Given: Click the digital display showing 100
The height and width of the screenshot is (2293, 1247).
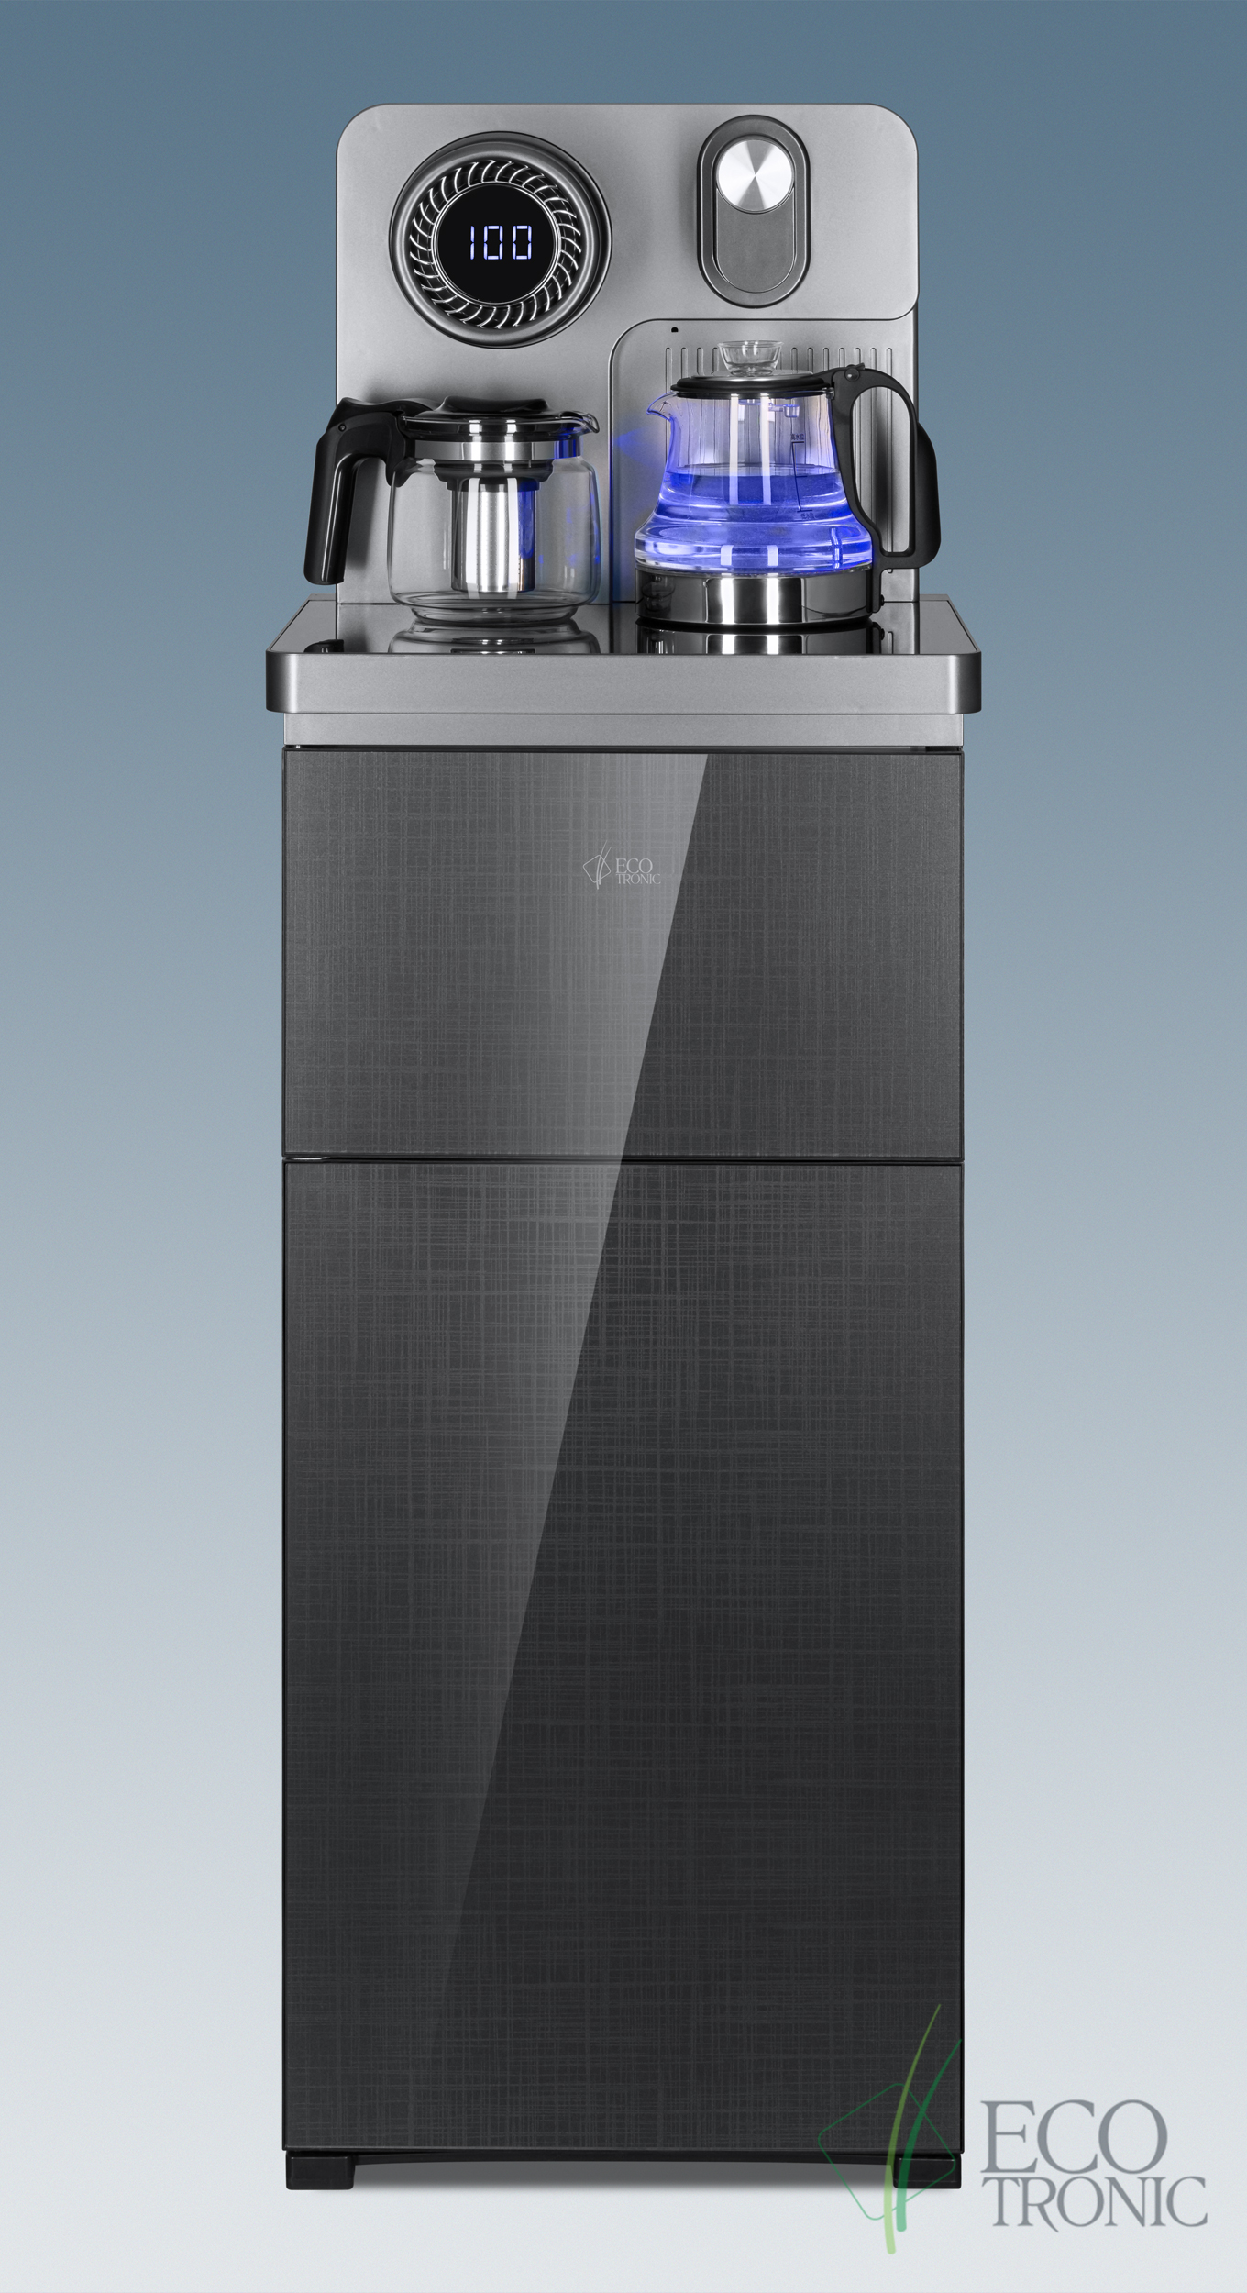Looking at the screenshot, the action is [x=501, y=243].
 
